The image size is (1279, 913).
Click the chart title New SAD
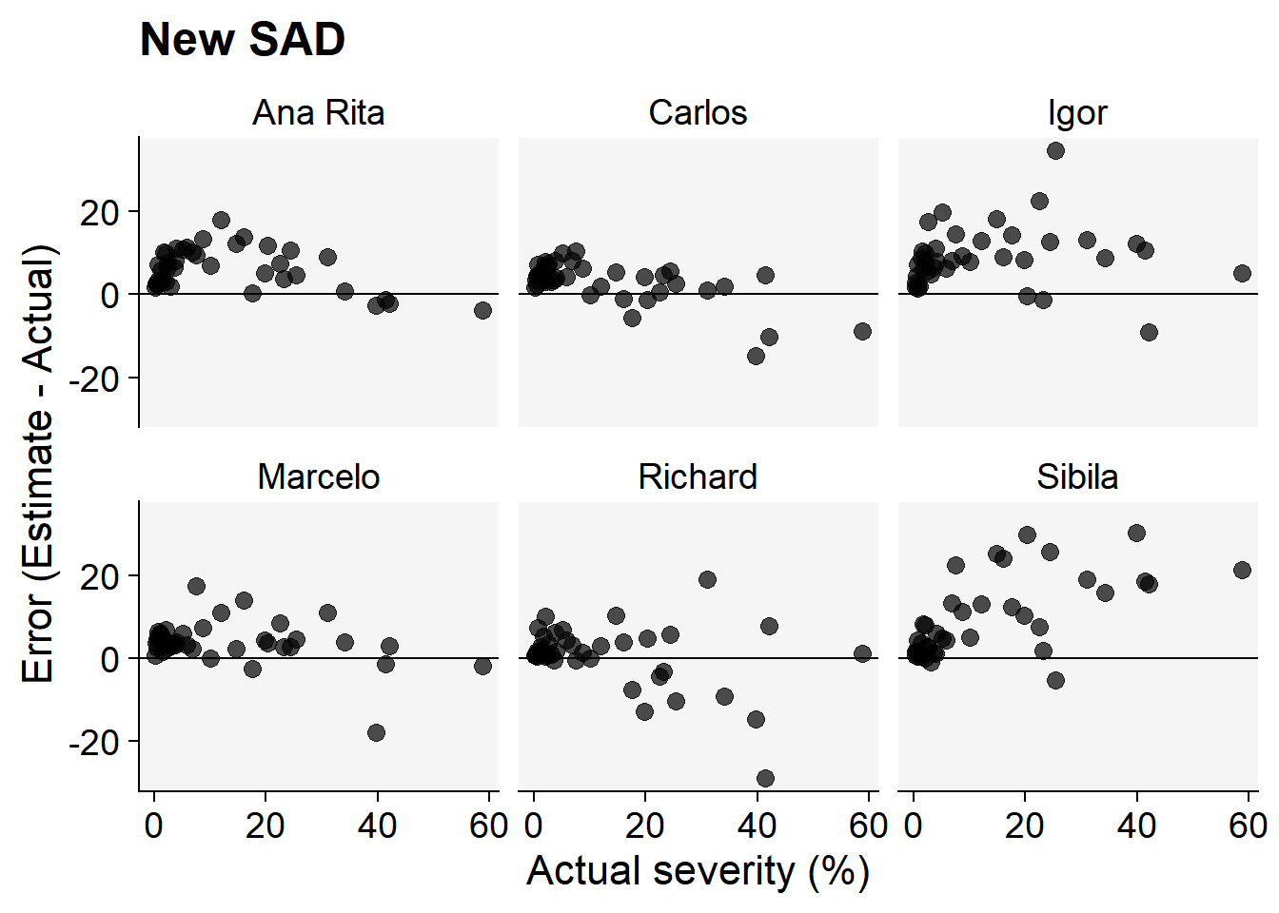242,40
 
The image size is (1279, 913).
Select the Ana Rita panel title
318,113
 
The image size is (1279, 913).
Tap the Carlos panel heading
698,113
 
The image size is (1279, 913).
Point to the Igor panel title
1077,113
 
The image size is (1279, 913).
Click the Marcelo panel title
318,476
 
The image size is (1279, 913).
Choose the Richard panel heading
698,476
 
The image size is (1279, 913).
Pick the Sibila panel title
1077,476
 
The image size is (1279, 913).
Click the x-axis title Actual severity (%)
698,871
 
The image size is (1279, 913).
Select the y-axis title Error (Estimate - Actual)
39,464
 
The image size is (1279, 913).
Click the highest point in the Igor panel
1055,150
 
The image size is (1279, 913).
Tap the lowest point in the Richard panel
765,778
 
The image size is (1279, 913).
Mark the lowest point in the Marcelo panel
376,732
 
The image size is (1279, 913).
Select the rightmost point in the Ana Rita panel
482,310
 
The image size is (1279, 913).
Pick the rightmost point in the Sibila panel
1242,570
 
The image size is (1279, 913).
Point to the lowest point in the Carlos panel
756,356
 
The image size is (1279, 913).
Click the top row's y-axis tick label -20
94,379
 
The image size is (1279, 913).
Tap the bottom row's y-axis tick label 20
100,576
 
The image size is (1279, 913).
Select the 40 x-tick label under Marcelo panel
377,826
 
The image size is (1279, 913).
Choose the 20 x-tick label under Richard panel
644,826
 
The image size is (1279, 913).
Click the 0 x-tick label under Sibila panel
914,826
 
